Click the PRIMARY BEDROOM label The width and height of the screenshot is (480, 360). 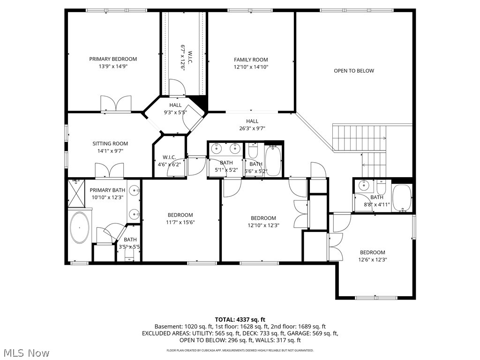coord(113,59)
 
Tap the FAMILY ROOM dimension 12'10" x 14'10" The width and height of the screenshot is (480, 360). coord(251,67)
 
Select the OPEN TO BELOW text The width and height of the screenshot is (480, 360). coord(354,71)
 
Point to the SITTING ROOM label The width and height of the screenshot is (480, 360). coord(110,144)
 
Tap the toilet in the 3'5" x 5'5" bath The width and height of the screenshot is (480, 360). coord(130,255)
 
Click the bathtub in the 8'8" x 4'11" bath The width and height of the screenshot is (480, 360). coord(402,197)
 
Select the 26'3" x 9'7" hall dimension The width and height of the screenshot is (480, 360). coord(252,128)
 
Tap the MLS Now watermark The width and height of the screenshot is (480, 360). coord(25,352)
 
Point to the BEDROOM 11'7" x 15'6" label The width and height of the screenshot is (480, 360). coord(180,218)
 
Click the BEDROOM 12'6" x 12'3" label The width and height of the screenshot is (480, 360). coord(373,256)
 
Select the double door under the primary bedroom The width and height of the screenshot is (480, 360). coord(116,104)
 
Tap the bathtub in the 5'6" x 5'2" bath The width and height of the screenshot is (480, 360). coord(273,160)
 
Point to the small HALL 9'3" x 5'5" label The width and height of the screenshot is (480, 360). coord(175,109)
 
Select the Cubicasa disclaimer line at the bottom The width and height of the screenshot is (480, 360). coord(240,350)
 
